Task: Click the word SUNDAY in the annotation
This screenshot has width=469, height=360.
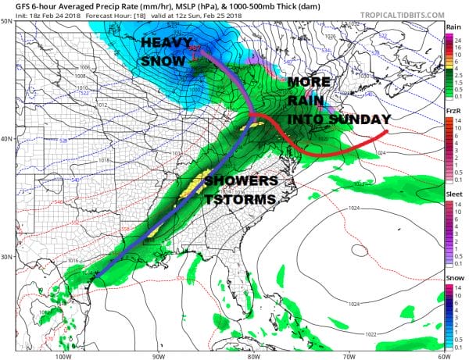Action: point(360,119)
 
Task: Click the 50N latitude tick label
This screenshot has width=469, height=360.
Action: point(7,21)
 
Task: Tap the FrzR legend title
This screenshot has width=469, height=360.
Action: point(453,112)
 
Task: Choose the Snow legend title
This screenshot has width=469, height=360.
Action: point(453,276)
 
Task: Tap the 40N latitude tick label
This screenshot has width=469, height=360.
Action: point(7,139)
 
